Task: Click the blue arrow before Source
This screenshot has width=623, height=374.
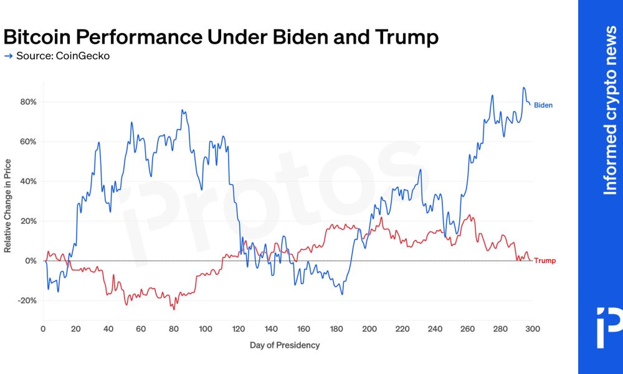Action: point(8,56)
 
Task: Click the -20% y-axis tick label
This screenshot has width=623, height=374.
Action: point(28,300)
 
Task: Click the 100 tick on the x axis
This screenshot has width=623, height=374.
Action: point(206,329)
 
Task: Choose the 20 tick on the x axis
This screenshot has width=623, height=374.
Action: point(75,329)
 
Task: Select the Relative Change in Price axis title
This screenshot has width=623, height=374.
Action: point(8,206)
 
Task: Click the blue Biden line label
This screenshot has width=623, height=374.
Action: point(543,105)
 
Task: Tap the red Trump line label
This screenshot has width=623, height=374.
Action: point(545,261)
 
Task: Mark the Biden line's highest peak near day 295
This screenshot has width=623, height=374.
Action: point(524,88)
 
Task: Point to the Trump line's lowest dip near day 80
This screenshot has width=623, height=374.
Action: point(174,309)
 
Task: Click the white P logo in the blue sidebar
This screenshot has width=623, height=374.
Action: point(608,327)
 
